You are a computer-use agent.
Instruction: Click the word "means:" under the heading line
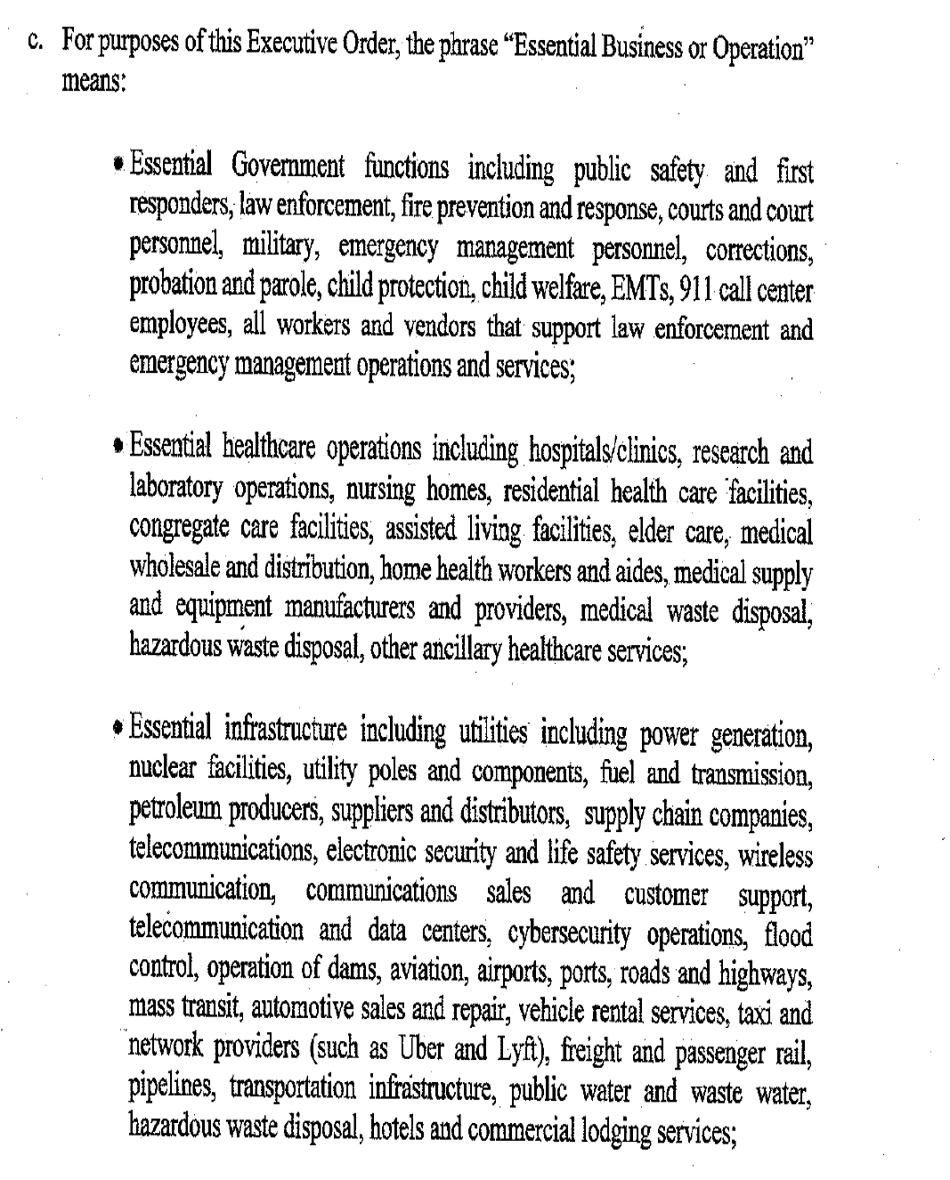pos(93,82)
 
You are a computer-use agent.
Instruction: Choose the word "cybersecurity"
pos(569,935)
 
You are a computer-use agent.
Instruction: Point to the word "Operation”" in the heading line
pos(759,47)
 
